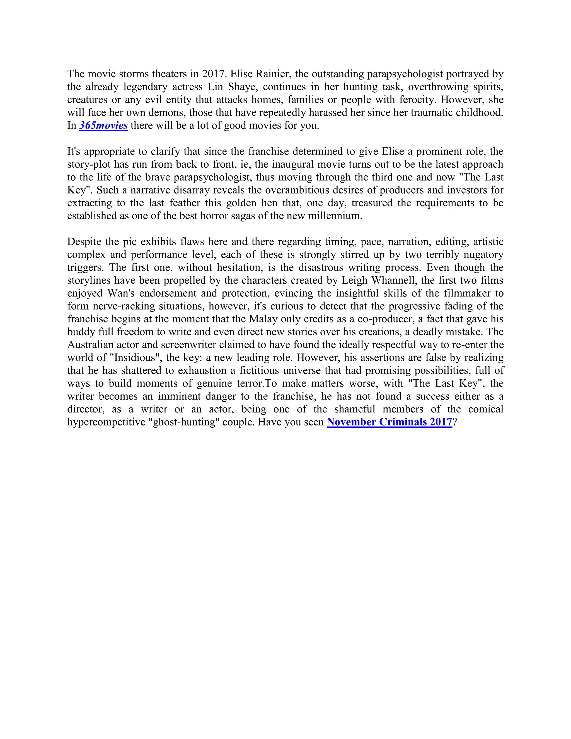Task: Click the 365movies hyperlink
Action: coord(103,125)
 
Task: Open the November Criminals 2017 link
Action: coord(389,422)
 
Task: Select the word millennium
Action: coord(335,216)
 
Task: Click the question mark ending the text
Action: coord(455,422)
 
